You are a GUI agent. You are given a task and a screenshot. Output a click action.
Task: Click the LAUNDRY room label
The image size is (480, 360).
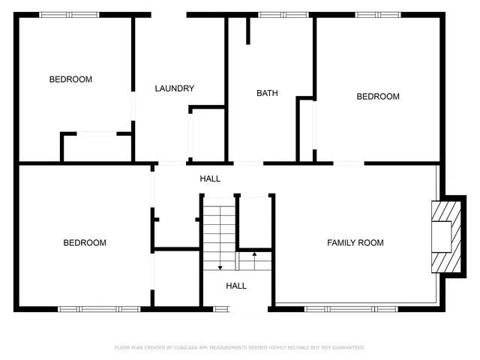(x=175, y=88)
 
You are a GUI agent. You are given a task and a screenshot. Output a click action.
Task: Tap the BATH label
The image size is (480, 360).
(x=267, y=94)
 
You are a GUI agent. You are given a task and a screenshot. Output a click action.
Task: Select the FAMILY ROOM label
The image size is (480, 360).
(x=355, y=243)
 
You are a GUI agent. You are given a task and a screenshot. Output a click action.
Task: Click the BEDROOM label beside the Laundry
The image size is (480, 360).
(x=70, y=79)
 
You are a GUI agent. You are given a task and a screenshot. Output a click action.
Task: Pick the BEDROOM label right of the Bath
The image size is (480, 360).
(x=377, y=97)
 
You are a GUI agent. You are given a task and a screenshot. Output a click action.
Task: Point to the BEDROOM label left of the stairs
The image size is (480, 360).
(x=84, y=243)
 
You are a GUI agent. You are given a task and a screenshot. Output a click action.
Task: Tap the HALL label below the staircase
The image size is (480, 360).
(x=236, y=286)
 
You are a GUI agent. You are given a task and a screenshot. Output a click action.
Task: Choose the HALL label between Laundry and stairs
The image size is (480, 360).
(x=210, y=179)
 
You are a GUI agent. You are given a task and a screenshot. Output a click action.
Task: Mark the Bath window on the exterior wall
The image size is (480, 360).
(x=283, y=14)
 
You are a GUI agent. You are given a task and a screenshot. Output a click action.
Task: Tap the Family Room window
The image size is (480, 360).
(x=352, y=308)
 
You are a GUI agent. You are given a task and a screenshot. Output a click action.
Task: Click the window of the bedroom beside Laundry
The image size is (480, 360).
(x=64, y=14)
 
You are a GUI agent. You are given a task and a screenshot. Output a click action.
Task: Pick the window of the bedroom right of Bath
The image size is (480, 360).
(x=378, y=14)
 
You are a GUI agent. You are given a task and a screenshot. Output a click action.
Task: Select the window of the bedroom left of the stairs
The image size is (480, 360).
(x=99, y=308)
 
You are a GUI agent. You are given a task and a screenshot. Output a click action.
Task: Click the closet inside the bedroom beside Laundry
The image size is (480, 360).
(x=96, y=148)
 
